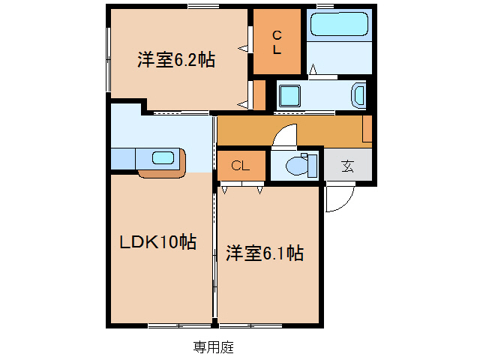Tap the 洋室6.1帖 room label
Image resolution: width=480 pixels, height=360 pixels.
click(265, 254)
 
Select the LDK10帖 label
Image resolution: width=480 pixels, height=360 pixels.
click(159, 241)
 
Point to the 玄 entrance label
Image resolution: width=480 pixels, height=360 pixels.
click(348, 166)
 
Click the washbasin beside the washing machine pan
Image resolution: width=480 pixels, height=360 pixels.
click(358, 95)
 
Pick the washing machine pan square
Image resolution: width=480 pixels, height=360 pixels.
click(289, 96)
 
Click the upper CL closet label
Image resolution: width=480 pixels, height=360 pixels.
click(277, 42)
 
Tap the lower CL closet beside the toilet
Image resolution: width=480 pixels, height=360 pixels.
click(241, 166)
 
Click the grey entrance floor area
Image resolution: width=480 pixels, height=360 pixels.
click(348, 166)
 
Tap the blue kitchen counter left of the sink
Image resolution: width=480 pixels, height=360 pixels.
click(123, 159)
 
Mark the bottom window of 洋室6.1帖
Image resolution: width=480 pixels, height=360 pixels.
click(245, 325)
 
